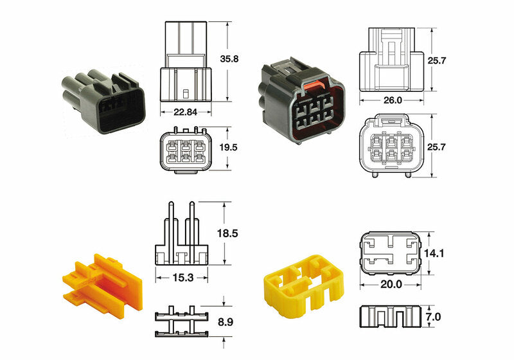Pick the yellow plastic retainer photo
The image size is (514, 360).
click(305, 283)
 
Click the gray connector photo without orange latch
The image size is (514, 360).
click(103, 102)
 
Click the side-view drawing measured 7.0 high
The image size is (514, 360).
click(389, 317)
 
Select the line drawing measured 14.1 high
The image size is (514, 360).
click(389, 253)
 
